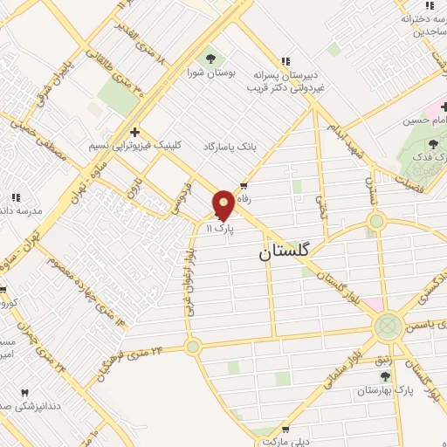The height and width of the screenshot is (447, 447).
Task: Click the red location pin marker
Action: pos(223,204)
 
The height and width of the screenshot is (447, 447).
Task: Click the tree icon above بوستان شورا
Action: pos(210,59)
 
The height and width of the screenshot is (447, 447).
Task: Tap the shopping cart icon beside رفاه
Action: pos(244,186)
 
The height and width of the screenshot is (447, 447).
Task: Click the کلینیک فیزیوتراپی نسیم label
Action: pos(131,146)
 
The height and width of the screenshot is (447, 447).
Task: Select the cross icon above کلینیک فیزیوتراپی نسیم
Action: pos(134,131)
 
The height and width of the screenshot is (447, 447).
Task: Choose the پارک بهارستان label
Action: pos(385,390)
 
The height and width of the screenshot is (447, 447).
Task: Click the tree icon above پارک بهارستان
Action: pos(385,375)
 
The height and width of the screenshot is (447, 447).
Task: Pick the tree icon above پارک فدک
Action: pos(433,142)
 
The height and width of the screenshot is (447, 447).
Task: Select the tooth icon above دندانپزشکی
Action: pos(24,393)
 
